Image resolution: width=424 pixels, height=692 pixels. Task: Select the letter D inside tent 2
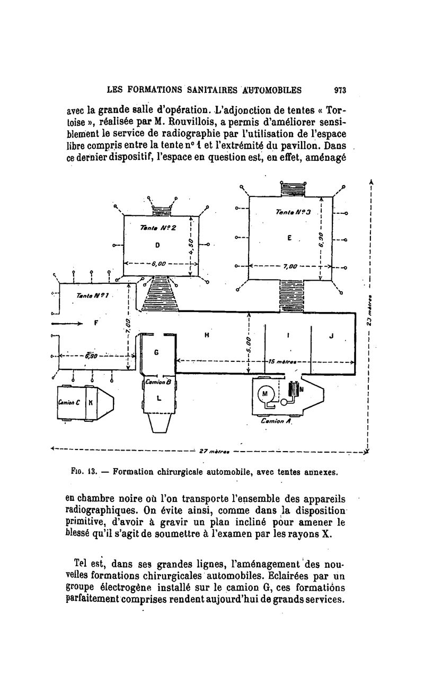click(x=157, y=245)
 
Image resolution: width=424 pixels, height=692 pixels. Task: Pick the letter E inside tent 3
click(x=289, y=238)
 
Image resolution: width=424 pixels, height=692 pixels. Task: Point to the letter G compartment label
click(x=156, y=352)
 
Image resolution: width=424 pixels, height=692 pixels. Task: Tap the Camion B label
click(x=157, y=382)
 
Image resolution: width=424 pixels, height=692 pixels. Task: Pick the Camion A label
click(x=274, y=421)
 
